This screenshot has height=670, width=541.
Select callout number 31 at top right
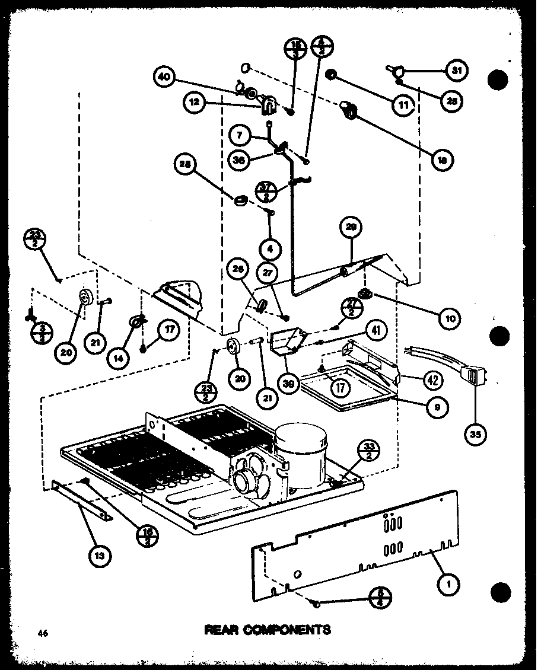[456, 71]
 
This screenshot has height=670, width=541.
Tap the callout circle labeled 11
[403, 106]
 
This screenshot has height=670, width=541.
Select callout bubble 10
[450, 318]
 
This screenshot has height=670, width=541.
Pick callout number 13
[99, 555]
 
